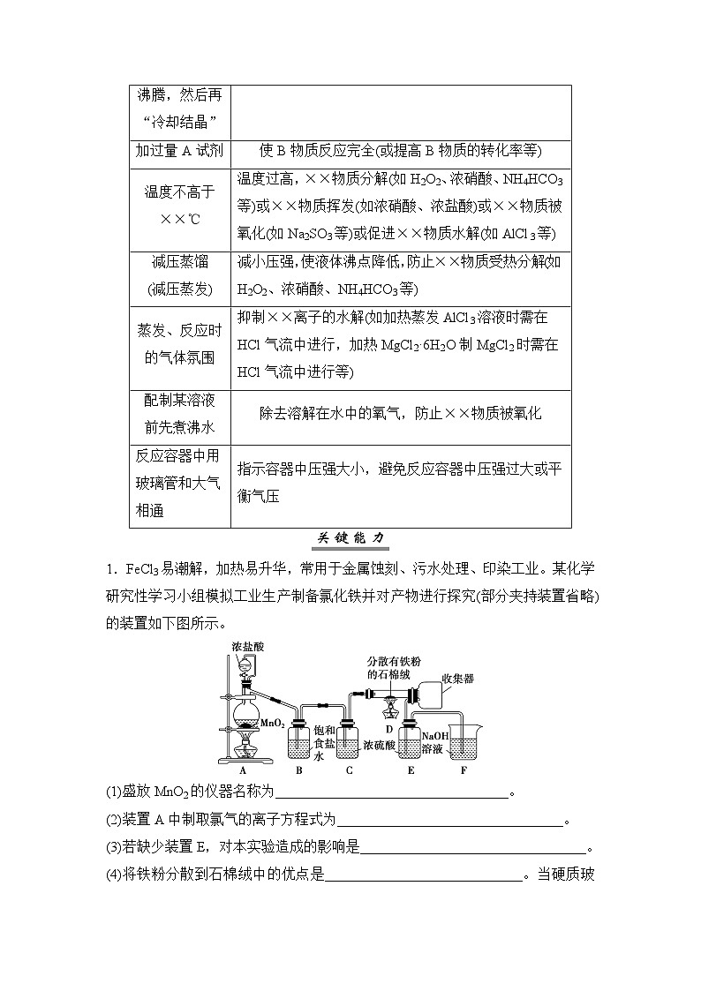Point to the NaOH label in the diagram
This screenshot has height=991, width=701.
tap(435, 737)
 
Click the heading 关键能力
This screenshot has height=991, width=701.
tap(351, 538)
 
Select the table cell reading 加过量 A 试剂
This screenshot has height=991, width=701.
tap(180, 150)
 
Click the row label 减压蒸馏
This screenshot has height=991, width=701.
tap(180, 261)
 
